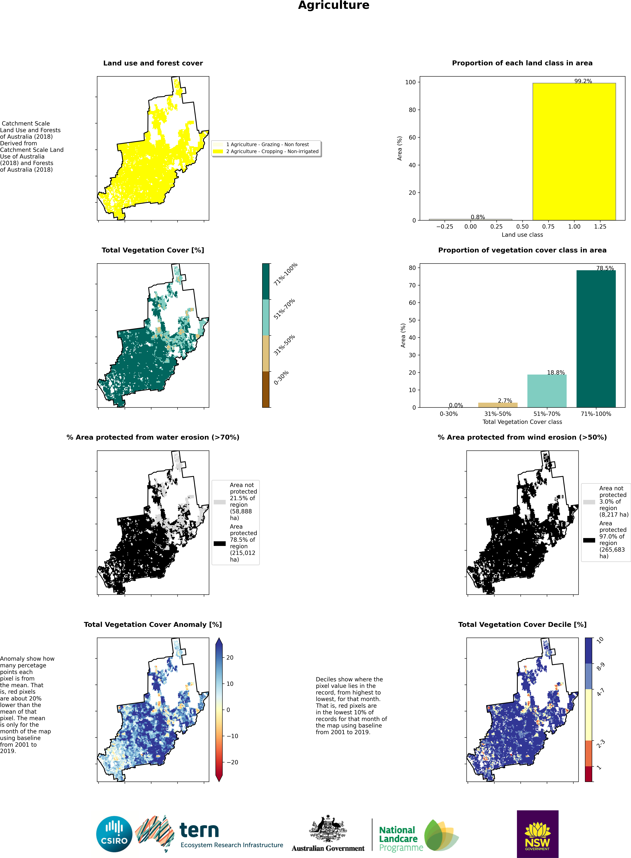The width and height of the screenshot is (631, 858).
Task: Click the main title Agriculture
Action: pos(333,5)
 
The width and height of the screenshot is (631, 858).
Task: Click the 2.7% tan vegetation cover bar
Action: pos(498,405)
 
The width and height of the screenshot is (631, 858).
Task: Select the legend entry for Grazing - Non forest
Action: pos(267,144)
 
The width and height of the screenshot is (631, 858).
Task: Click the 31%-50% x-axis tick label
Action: pos(498,414)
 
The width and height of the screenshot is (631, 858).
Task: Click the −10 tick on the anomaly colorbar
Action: pos(232,736)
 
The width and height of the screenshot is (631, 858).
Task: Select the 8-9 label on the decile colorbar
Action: pos(600,667)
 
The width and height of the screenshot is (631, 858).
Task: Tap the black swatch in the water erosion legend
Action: pos(220,543)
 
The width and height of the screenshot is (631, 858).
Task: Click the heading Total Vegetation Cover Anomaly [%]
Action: pos(153,624)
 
